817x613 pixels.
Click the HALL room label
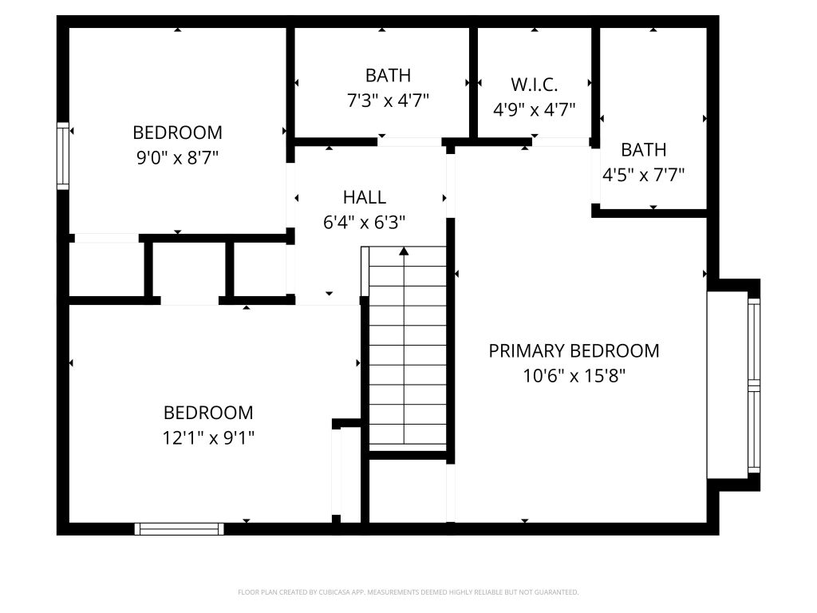[364, 197]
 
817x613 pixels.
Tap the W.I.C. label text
[534, 85]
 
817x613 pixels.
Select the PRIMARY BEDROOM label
[574, 351]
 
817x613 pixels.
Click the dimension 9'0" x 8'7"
[177, 157]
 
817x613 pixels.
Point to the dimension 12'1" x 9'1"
[208, 437]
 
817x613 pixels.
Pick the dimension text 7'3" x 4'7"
[388, 100]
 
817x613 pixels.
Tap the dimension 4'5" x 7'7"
[643, 175]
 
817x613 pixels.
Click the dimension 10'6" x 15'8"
[574, 375]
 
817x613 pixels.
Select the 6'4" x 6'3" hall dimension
[364, 223]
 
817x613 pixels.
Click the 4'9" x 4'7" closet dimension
[534, 109]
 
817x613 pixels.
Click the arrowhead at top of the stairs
[404, 251]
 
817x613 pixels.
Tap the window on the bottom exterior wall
[180, 529]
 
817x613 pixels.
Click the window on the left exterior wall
[62, 156]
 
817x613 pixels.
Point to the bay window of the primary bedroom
[754, 386]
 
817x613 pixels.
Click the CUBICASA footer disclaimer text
[408, 592]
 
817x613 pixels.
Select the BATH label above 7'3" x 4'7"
[388, 76]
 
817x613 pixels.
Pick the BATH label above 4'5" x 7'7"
[643, 150]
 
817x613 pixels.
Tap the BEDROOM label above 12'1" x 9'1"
[208, 413]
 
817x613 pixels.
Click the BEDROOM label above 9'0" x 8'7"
[177, 132]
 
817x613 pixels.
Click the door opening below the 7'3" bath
[409, 142]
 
